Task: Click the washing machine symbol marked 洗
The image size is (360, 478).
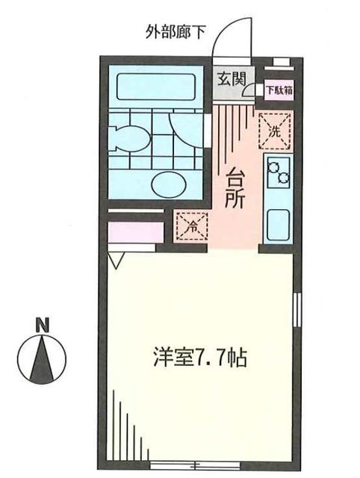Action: point(273,129)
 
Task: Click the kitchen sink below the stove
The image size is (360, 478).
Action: point(279,223)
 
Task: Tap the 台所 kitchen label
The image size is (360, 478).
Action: point(235,189)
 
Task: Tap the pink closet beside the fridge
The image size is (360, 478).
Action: point(134,232)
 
